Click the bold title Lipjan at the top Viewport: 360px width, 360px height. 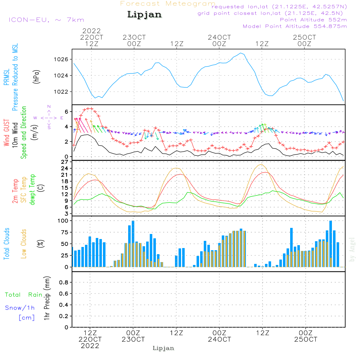pos(144,15)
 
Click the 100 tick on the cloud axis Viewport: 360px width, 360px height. pos(63,221)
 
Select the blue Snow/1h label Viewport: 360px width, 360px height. pos(20,308)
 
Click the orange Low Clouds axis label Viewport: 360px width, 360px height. pos(24,243)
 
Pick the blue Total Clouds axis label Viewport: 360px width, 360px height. pos(6,243)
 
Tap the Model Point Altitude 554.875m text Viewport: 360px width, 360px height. pos(295,26)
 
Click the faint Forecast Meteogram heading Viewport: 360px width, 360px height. pos(168,4)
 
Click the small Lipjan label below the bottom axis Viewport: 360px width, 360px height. pos(163,348)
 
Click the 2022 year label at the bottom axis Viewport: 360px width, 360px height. pos(90,346)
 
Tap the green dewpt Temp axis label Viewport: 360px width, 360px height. pos(32,190)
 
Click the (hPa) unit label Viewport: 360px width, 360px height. pos(36,76)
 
